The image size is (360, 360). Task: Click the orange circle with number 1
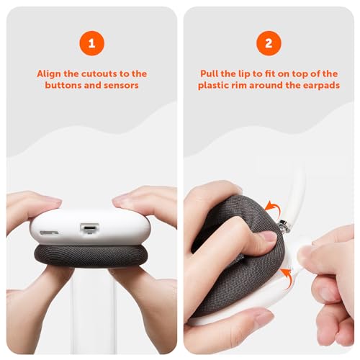click(x=91, y=43)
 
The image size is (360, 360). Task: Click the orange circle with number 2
click(x=269, y=43)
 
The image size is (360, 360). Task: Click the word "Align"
click(x=49, y=74)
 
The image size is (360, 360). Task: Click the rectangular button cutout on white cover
click(x=89, y=228)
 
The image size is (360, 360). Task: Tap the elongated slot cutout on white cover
click(x=49, y=233)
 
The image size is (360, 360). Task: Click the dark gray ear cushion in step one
click(x=91, y=256)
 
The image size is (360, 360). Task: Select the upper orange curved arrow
click(x=274, y=207)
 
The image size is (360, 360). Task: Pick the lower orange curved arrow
click(x=287, y=278)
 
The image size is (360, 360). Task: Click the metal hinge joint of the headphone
click(x=284, y=226)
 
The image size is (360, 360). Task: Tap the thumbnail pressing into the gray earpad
click(x=269, y=237)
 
